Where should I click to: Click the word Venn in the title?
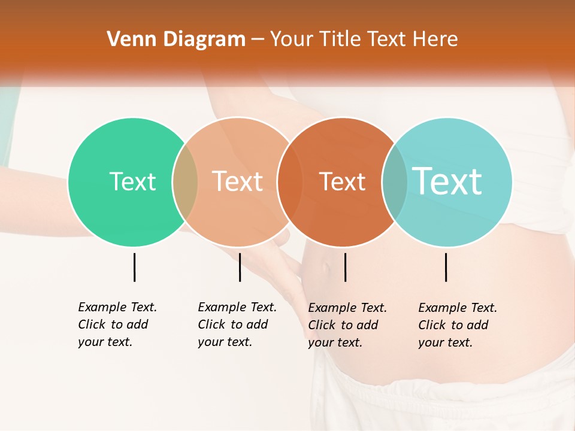coord(126,40)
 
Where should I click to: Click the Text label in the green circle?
coord(132,181)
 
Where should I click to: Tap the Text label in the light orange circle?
coord(237,181)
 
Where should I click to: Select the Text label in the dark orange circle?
coord(342,181)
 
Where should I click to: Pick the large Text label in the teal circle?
coord(447,181)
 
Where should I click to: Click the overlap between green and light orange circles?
coord(185,181)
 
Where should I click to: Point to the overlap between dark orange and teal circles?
coord(395,181)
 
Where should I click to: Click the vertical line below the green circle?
coord(134,267)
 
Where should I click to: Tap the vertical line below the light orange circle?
coord(240,267)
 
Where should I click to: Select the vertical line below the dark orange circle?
coord(345,267)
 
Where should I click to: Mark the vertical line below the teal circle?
coord(446,267)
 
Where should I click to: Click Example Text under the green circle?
coord(117,307)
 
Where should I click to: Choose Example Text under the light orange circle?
coord(237,307)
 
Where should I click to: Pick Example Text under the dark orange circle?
coord(347,308)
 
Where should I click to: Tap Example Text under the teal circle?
coord(458,308)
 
